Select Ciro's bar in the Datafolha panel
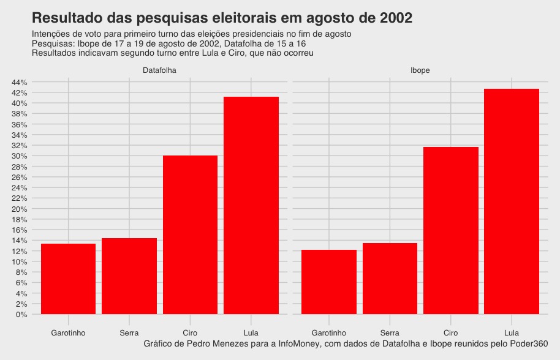pyautogui.click(x=190, y=235)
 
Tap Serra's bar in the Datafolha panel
pyautogui.click(x=129, y=276)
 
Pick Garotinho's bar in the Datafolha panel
pyautogui.click(x=68, y=279)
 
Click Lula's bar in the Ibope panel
pyautogui.click(x=512, y=201)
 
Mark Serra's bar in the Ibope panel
pyautogui.click(x=390, y=279)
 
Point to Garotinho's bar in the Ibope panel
pyautogui.click(x=329, y=282)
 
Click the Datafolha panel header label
pyautogui.click(x=159, y=70)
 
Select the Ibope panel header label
pyautogui.click(x=420, y=70)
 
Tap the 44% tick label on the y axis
pyautogui.click(x=19, y=82)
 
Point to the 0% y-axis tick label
pyautogui.click(x=21, y=315)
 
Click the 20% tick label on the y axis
pyautogui.click(x=19, y=209)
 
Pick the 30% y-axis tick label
pyautogui.click(x=19, y=156)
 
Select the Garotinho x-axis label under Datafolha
pyautogui.click(x=68, y=332)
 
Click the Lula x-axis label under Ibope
pyautogui.click(x=512, y=332)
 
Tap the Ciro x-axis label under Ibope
pyautogui.click(x=451, y=332)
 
